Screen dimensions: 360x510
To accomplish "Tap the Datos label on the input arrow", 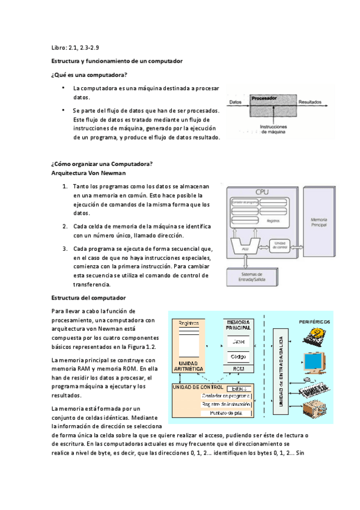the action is pos(236,102).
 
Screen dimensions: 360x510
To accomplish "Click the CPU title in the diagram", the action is pos(262,192).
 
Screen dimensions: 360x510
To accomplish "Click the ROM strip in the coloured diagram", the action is pos(239,369).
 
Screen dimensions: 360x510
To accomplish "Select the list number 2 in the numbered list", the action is pos(65,226).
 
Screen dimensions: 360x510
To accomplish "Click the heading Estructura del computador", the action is pos(88,298).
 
